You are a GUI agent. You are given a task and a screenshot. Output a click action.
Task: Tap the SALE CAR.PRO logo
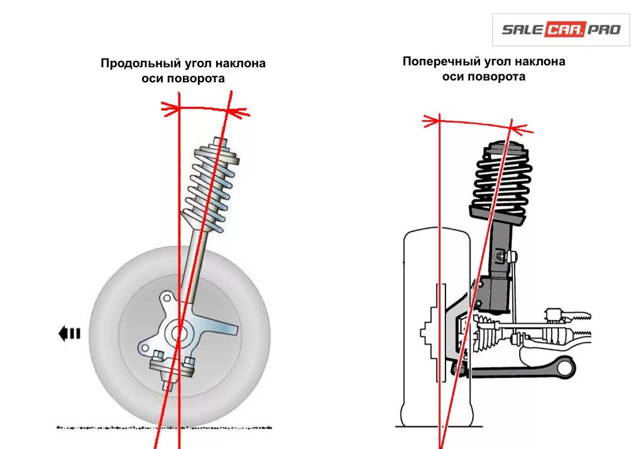coord(561,30)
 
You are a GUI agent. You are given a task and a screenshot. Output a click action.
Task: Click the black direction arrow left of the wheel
coord(69,333)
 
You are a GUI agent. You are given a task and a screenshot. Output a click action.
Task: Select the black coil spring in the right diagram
coord(501,179)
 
